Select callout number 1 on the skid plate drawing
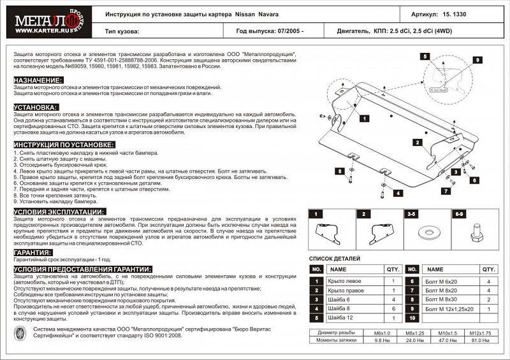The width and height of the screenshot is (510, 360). pyautogui.click(x=363, y=119)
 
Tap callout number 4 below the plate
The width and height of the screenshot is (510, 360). pyautogui.click(x=397, y=192)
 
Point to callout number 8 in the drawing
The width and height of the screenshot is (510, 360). pyautogui.click(x=341, y=171)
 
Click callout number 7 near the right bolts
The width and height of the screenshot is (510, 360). pyautogui.click(x=446, y=191)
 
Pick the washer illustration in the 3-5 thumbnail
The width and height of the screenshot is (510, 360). pyautogui.click(x=425, y=230)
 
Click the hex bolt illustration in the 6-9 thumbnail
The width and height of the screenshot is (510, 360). pyautogui.click(x=475, y=234)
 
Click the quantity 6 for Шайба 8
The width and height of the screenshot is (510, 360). pyautogui.click(x=393, y=308)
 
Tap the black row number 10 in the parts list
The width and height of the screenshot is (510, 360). pyautogui.click(x=412, y=317)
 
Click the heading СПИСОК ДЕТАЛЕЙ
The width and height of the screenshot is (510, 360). pyautogui.click(x=335, y=259)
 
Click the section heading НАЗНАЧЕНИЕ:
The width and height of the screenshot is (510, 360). pyautogui.click(x=38, y=80)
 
